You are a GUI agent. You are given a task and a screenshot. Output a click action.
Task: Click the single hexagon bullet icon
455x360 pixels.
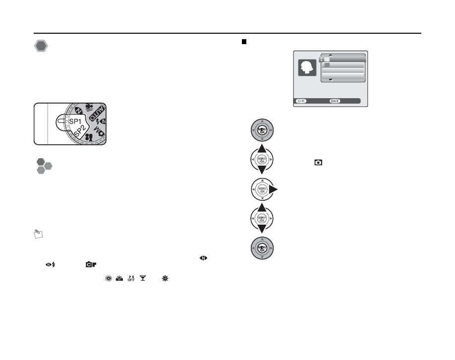tap(41, 47)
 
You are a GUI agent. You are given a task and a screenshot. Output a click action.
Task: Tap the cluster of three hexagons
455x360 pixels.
tap(43, 166)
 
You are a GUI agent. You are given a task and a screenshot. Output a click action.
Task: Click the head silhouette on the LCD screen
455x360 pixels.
tap(307, 68)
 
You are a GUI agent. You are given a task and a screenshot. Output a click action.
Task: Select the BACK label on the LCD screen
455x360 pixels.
tap(335, 101)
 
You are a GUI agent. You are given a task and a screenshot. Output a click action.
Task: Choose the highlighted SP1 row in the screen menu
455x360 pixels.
tap(343, 59)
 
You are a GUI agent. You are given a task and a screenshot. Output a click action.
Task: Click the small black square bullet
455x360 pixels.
tap(244, 42)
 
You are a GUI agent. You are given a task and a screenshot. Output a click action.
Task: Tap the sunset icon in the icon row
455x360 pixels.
tap(118, 280)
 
